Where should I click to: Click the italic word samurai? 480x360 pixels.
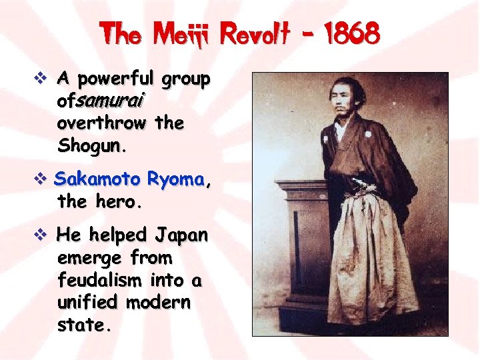tap(121, 101)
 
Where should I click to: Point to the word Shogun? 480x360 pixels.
tap(90, 145)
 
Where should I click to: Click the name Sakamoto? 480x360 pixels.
tap(97, 179)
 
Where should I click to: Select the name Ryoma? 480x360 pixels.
tap(176, 179)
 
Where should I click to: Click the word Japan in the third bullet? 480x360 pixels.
tap(181, 235)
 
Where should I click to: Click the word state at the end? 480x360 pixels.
tap(81, 325)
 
